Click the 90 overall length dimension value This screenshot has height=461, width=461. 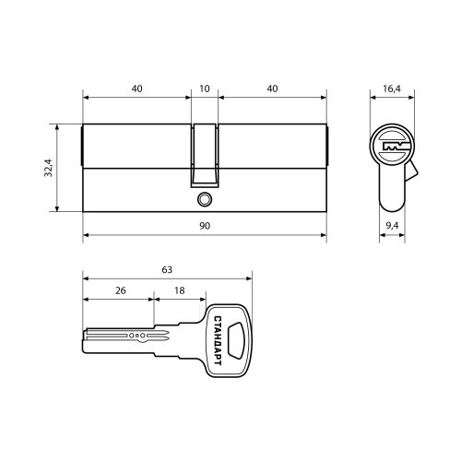click(205, 226)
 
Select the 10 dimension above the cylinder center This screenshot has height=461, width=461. click(205, 89)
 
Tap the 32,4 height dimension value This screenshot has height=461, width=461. click(49, 168)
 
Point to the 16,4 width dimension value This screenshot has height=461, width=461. click(392, 89)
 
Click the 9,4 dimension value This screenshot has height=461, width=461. click(392, 226)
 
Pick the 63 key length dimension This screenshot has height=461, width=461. click(167, 270)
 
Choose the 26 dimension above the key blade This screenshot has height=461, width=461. click(121, 290)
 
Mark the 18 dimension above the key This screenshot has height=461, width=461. click(180, 290)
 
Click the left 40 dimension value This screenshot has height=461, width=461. click(137, 89)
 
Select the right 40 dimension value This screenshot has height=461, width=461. click(272, 89)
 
